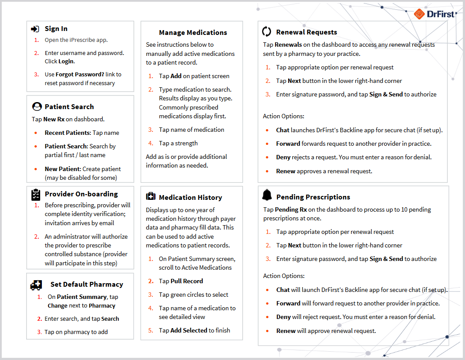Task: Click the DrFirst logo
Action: coord(434,14)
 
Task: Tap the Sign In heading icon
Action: coord(35,29)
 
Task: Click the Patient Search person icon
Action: coord(37,106)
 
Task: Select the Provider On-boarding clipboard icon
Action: coord(36,194)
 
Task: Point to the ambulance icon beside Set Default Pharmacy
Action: coord(36,285)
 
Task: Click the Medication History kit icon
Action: coord(151,197)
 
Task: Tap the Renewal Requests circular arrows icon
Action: coord(267,32)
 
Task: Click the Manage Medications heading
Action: coord(193,33)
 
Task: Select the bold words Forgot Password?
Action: coord(80,75)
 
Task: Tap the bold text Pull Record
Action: coord(187,281)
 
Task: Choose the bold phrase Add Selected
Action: coord(189,331)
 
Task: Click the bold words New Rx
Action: coord(54,119)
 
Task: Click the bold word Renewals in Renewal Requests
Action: coord(288,45)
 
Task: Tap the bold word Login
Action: coord(66,62)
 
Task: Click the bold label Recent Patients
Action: coord(67,133)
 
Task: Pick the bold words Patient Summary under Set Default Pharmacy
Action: coord(82,297)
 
